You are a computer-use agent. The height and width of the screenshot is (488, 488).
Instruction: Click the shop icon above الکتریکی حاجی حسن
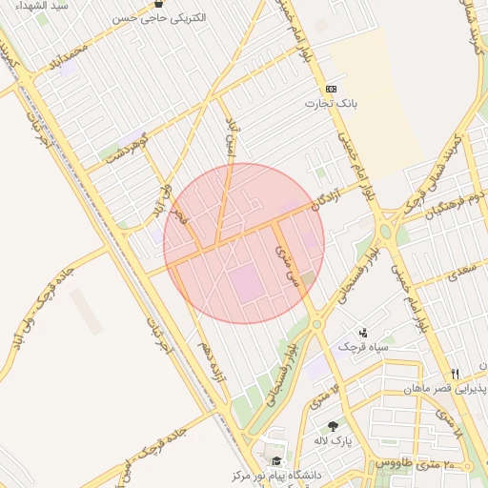coord(158,4)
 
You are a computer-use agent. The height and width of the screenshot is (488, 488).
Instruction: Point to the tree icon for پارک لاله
coord(333,426)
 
